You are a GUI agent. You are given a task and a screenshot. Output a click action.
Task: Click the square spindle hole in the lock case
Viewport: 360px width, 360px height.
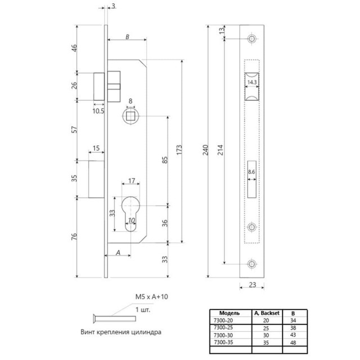click(x=130, y=116)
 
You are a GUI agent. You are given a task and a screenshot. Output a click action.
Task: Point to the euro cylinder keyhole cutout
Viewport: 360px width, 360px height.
click(x=130, y=214)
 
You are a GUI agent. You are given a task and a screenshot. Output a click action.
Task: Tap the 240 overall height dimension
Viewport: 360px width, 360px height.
click(x=205, y=150)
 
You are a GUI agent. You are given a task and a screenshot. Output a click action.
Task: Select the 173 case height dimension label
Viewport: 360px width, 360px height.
click(x=179, y=150)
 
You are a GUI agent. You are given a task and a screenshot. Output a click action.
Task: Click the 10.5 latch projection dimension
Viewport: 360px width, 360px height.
click(x=98, y=111)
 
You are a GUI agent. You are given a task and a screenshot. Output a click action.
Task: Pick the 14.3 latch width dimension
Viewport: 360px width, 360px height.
click(x=252, y=82)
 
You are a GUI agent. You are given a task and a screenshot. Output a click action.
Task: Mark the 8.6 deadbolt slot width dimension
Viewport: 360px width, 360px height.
click(x=251, y=172)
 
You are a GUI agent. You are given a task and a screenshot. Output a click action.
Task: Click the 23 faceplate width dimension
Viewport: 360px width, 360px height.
click(x=253, y=285)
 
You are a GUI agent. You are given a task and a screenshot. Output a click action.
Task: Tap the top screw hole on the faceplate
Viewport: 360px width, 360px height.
click(x=252, y=38)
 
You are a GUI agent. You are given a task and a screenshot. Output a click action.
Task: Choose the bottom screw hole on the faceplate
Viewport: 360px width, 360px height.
click(x=252, y=264)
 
